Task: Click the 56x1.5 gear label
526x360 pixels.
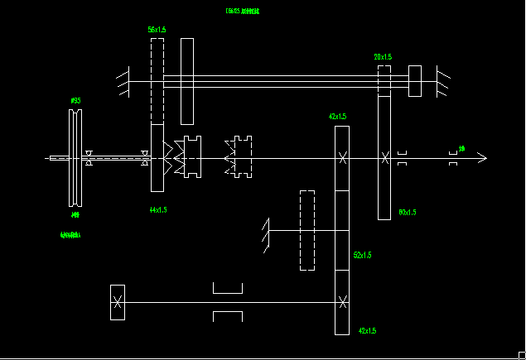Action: (157, 30)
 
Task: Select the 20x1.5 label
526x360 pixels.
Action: (383, 57)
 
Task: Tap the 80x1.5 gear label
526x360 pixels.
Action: (407, 213)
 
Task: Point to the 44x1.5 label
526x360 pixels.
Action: (158, 210)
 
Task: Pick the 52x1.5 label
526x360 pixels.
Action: (362, 255)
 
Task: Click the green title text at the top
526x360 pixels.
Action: (243, 12)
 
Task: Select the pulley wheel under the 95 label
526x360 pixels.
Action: (75, 157)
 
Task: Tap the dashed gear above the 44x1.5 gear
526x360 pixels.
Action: (157, 80)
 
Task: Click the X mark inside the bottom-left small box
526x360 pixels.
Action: (118, 302)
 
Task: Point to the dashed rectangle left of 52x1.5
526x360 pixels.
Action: (307, 230)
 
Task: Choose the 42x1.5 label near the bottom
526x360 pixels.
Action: (367, 331)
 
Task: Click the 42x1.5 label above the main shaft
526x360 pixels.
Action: (338, 117)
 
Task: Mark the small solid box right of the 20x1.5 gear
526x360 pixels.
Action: (415, 80)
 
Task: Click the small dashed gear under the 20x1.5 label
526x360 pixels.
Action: (384, 80)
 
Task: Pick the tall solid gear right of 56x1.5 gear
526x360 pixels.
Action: (187, 80)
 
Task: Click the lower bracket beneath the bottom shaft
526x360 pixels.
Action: (228, 316)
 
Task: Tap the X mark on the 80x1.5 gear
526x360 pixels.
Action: (384, 157)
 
